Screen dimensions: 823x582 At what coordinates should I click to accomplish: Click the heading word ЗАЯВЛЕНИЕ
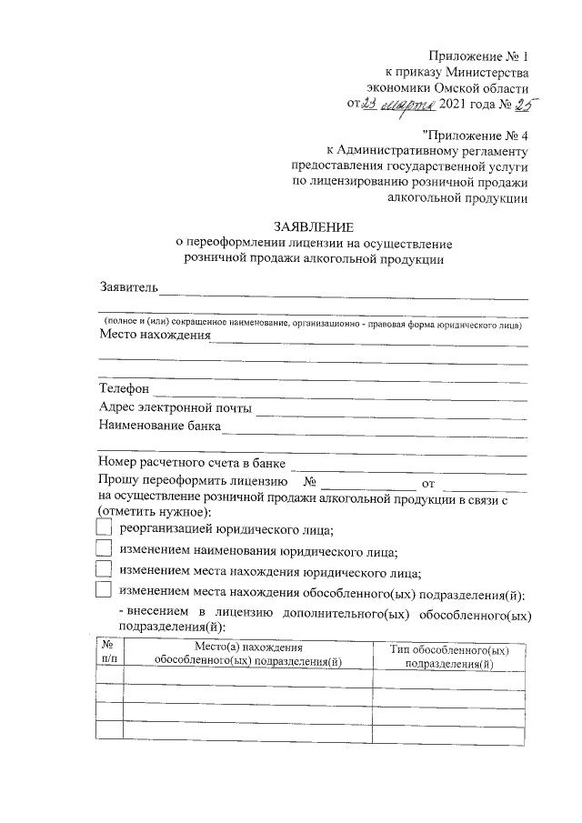(x=314, y=226)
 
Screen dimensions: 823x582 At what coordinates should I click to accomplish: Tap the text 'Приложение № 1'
(x=479, y=56)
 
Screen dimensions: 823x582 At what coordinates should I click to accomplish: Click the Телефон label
(x=125, y=389)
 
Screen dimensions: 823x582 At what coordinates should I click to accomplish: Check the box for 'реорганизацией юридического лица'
(x=105, y=529)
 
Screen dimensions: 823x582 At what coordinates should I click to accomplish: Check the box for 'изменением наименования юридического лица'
(x=105, y=550)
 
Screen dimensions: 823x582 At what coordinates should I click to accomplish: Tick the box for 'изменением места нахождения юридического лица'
(x=105, y=571)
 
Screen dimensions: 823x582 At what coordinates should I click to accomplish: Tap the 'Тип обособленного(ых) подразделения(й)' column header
(x=448, y=657)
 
